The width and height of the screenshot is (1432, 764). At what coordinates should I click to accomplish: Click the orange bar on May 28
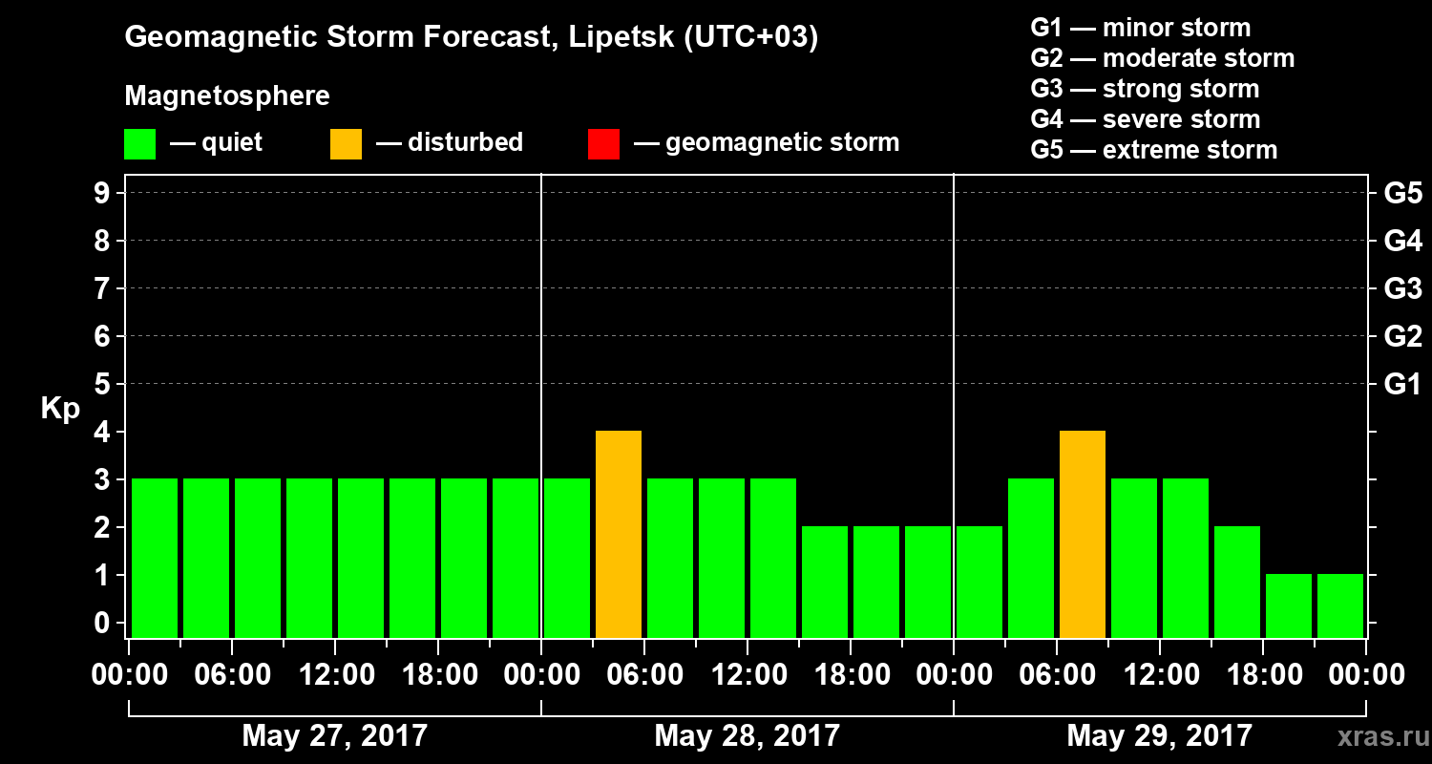[x=619, y=534]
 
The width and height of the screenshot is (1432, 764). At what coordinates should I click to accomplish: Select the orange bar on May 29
[x=1083, y=534]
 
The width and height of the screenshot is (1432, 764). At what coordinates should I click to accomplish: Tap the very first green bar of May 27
[x=155, y=558]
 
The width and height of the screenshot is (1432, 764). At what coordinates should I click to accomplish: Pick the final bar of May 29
[x=1340, y=605]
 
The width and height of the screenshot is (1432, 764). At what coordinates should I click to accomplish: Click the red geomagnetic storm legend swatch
[x=603, y=143]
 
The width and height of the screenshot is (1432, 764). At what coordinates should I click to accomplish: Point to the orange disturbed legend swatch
[x=346, y=143]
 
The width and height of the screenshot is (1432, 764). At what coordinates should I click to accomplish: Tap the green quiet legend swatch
[x=139, y=143]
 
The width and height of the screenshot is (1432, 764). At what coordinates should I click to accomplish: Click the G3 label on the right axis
[x=1402, y=288]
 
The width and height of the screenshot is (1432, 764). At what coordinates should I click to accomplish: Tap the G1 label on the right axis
[x=1402, y=385]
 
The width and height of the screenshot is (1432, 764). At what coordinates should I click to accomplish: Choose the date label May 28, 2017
[x=748, y=735]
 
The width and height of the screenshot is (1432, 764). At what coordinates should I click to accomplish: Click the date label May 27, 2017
[x=335, y=735]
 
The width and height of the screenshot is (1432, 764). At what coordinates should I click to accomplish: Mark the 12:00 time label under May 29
[x=1160, y=675]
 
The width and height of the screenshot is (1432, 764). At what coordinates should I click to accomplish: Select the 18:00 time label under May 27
[x=438, y=675]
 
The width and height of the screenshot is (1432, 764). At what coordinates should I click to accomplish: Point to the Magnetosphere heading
[x=227, y=96]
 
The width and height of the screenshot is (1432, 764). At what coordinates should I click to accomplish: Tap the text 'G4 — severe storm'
[x=1145, y=119]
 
